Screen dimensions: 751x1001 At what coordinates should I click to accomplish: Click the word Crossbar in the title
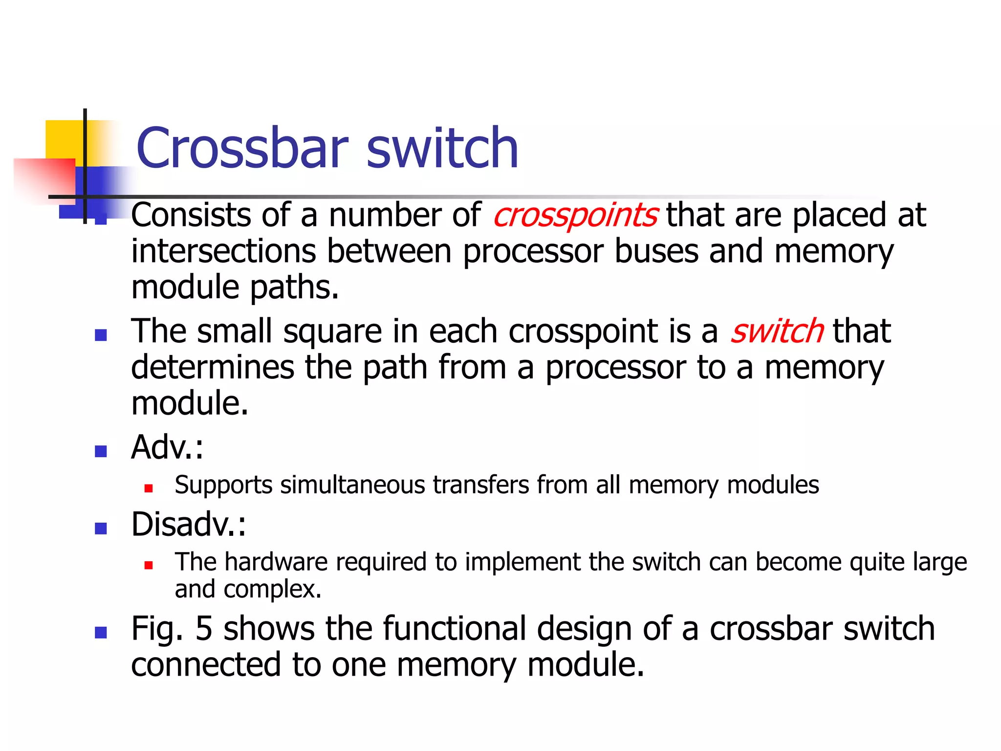click(242, 148)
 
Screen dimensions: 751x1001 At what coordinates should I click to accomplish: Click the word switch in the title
click(442, 148)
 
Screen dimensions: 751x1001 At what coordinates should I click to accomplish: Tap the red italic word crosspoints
click(575, 216)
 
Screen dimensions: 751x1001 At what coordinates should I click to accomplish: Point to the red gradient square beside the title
click(44, 178)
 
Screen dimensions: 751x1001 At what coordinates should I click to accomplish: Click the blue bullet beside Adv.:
click(101, 451)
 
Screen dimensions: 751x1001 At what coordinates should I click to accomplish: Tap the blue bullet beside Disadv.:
click(101, 528)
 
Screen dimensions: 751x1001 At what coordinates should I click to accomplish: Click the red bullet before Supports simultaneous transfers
click(149, 488)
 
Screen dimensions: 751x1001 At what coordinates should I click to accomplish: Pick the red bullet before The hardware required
click(149, 565)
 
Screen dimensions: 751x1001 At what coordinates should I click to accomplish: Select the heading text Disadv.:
click(189, 525)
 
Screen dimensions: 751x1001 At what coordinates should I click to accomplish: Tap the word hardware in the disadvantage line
click(276, 562)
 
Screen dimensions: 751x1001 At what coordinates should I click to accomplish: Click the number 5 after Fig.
click(204, 629)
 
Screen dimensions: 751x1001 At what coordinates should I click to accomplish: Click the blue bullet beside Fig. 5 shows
click(101, 633)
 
